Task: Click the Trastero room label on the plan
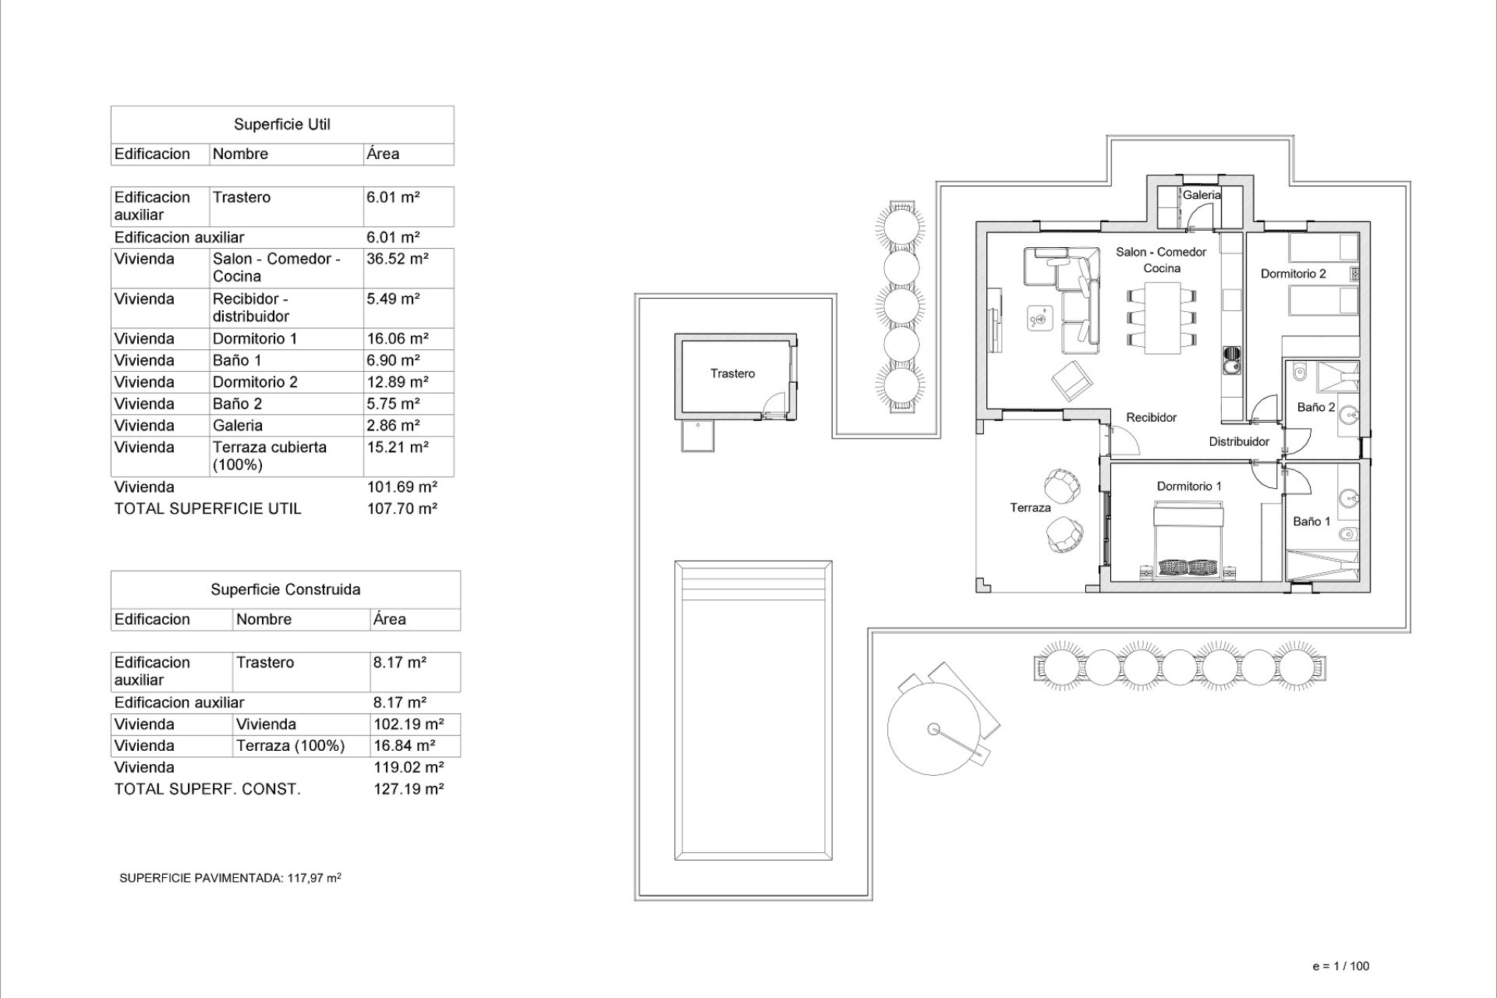(732, 373)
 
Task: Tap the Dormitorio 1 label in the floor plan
(1189, 486)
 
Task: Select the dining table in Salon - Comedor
(1162, 317)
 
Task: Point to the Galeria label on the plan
(1201, 195)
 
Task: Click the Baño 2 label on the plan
(1315, 407)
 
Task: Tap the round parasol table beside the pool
(934, 730)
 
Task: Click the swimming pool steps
(752, 582)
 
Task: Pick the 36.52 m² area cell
(397, 259)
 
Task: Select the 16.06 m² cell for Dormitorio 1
(397, 338)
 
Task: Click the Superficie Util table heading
(282, 125)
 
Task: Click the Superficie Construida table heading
(285, 590)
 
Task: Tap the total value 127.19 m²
(409, 789)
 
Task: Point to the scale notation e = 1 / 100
(1340, 966)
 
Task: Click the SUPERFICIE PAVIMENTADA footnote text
(230, 878)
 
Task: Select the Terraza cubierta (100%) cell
(270, 456)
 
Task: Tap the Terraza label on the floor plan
(1030, 508)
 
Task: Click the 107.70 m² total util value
(402, 508)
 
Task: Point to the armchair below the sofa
(1071, 381)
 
